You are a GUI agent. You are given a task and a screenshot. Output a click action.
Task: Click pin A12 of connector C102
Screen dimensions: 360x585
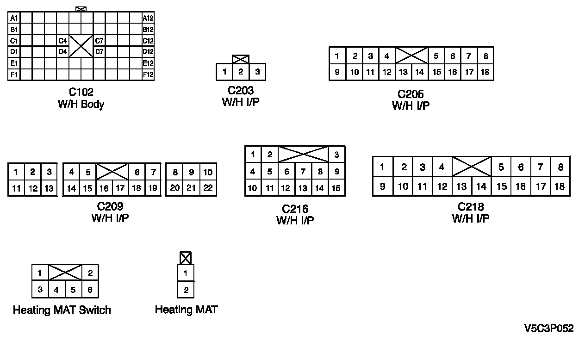click(148, 18)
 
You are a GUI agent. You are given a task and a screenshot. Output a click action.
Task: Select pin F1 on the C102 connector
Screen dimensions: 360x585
click(14, 74)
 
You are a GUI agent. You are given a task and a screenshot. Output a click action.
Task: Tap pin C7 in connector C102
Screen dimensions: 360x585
click(100, 41)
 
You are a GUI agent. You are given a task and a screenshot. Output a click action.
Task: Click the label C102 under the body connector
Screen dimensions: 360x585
click(81, 93)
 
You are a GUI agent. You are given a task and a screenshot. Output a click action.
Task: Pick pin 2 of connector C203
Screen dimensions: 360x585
click(241, 72)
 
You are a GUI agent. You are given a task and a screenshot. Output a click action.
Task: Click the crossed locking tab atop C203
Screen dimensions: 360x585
click(241, 59)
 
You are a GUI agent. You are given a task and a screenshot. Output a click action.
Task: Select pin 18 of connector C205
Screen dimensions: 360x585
click(485, 72)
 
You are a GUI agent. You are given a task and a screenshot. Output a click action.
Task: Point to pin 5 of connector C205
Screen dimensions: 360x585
click(436, 56)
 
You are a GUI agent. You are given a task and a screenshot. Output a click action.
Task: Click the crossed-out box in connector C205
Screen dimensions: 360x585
click(411, 56)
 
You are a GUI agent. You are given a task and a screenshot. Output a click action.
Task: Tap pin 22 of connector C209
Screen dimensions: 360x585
click(208, 188)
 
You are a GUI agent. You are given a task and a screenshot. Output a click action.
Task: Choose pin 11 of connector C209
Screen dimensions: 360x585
click(16, 188)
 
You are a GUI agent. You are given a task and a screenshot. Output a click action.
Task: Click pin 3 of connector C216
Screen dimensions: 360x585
click(336, 155)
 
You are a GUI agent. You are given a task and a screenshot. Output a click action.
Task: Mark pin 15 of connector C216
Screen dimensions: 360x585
click(336, 188)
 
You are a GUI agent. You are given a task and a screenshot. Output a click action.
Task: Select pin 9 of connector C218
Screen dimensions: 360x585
click(382, 186)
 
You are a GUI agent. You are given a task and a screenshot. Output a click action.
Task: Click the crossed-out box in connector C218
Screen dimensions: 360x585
click(472, 167)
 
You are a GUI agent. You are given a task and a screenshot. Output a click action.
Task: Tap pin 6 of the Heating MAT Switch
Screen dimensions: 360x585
click(90, 290)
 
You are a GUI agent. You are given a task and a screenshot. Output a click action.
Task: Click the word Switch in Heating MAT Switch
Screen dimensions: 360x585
click(95, 310)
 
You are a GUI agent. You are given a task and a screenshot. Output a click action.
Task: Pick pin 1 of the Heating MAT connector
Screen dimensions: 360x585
click(186, 273)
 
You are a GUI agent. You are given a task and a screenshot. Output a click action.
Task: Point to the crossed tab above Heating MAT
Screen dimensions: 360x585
click(185, 258)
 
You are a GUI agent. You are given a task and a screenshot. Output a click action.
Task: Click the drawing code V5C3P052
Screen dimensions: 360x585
click(549, 329)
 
